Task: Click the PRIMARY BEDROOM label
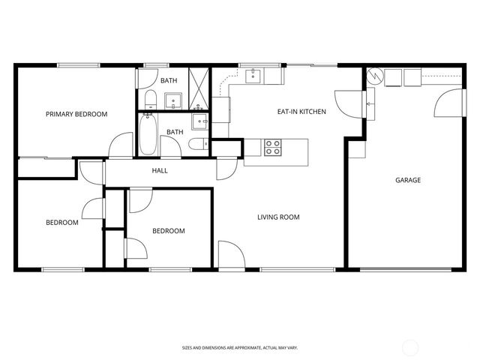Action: click(76, 114)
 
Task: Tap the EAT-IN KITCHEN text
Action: click(301, 112)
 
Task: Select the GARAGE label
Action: click(408, 180)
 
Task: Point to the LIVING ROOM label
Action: click(278, 217)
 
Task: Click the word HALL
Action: click(160, 171)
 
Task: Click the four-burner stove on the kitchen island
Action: click(273, 147)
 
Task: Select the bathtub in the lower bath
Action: click(148, 134)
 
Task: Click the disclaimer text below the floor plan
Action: click(239, 347)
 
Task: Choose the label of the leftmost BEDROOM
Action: click(61, 222)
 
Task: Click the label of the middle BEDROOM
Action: click(169, 231)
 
